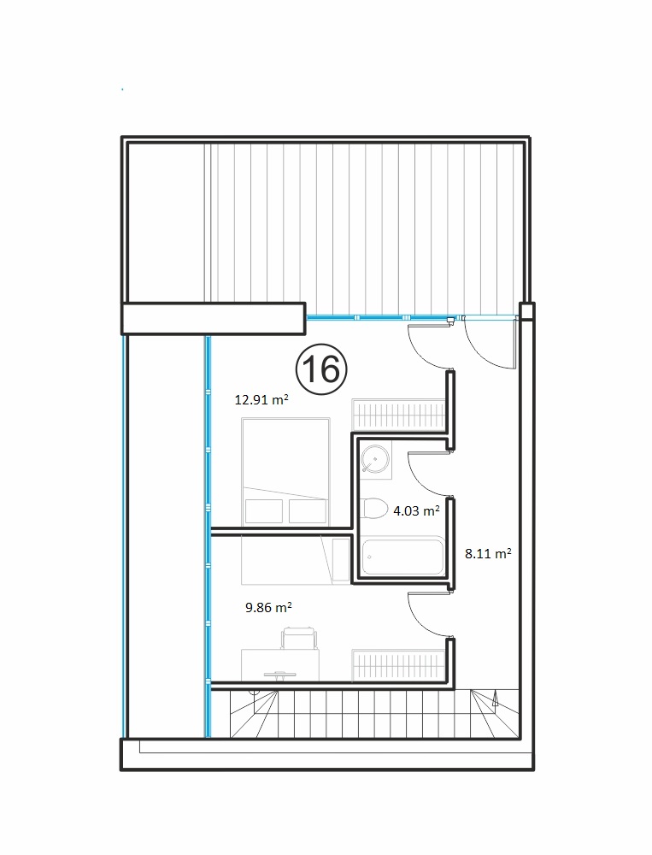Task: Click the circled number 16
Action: [x=321, y=369]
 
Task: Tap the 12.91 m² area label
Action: [x=261, y=399]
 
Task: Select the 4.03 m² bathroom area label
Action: [x=416, y=511]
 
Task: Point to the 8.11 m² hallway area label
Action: [x=488, y=553]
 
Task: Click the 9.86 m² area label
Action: [x=268, y=607]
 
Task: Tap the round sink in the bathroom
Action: [x=375, y=459]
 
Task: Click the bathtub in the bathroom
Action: [x=402, y=557]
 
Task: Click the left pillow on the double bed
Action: [x=264, y=511]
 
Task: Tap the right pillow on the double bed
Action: [x=308, y=511]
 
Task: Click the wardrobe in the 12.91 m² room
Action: [x=398, y=416]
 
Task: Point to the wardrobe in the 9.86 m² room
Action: [x=398, y=664]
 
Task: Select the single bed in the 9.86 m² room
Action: [x=295, y=560]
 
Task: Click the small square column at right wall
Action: [x=526, y=311]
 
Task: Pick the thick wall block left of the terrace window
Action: [x=213, y=318]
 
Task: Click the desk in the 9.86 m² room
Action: [x=280, y=664]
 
